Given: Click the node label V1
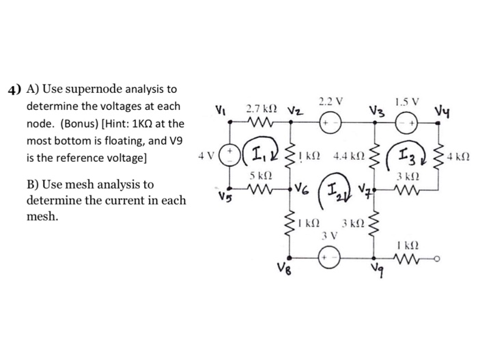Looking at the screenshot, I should click(x=219, y=109).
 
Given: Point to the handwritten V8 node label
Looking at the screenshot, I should click(x=285, y=267).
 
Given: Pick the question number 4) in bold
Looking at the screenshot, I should click(x=15, y=89).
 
